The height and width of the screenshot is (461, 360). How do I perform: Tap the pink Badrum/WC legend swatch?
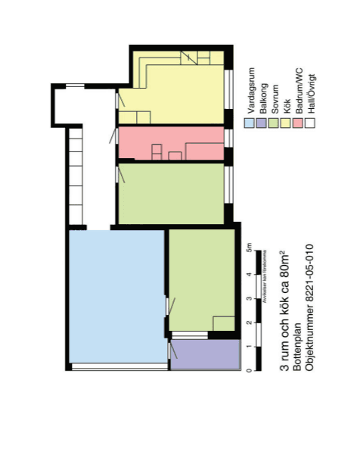(299, 121)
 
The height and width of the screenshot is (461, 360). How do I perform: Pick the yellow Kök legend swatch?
(287, 121)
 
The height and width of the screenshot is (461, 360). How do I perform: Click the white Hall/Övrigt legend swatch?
(311, 121)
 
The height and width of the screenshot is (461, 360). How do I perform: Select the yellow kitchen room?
(174, 87)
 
